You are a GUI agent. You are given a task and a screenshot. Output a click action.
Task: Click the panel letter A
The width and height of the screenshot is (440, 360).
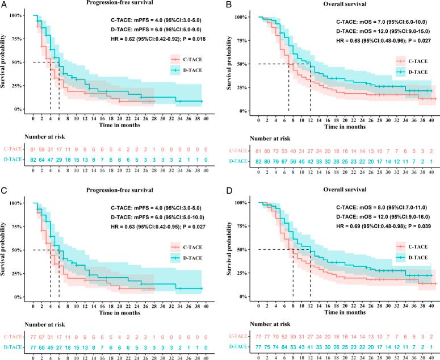[x=5, y=3]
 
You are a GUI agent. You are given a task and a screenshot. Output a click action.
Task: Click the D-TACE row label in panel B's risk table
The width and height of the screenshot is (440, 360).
[x=240, y=162]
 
